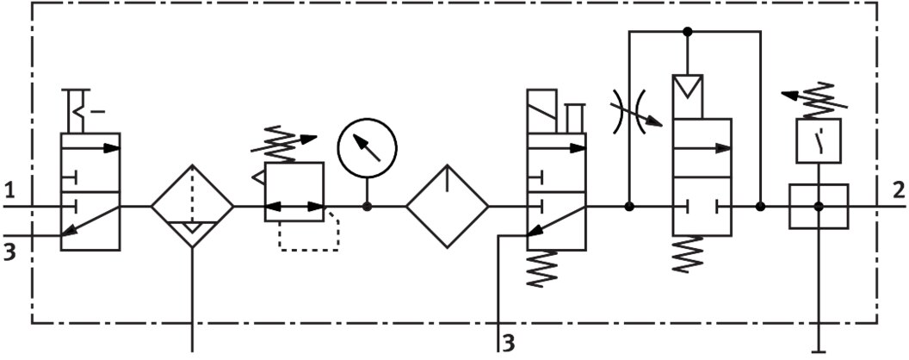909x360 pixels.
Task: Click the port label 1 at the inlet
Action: coord(9,189)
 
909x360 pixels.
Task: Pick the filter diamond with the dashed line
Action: coord(192,207)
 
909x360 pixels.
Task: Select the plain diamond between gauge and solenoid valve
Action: coord(448,207)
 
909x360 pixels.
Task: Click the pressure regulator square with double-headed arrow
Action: coord(294,193)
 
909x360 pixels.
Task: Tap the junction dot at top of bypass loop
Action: coord(687,32)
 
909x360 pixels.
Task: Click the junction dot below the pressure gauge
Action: coord(367,207)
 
